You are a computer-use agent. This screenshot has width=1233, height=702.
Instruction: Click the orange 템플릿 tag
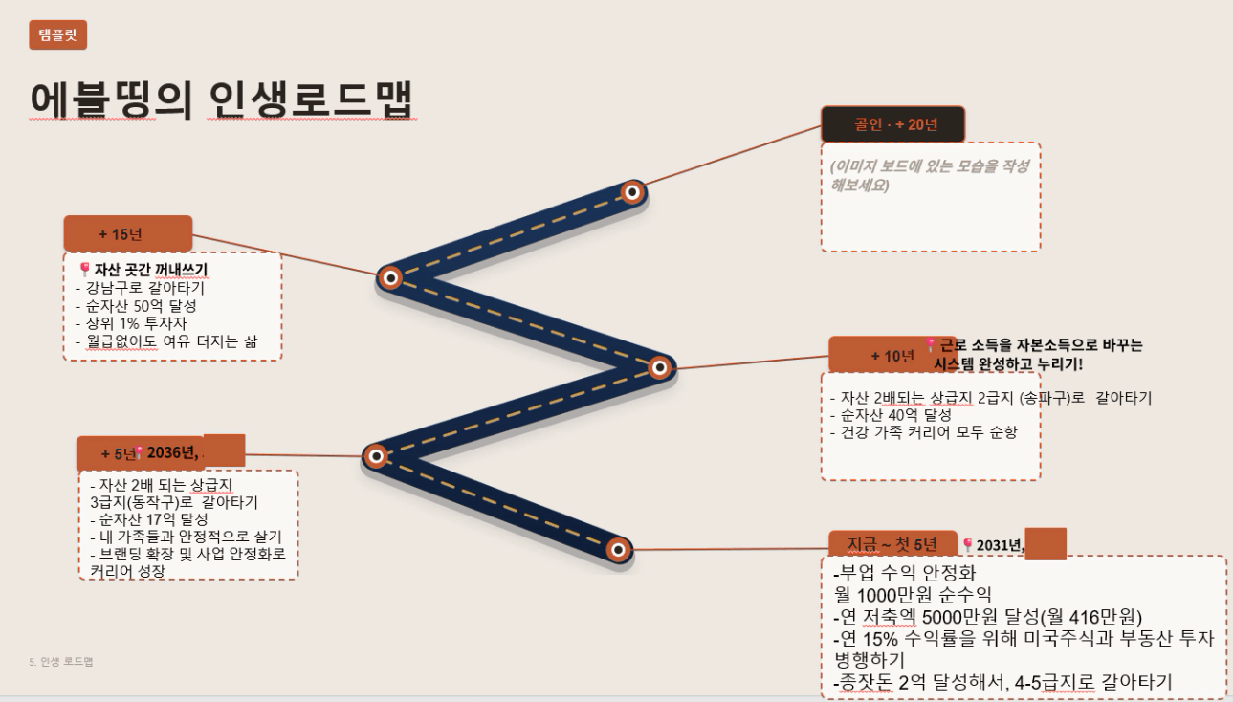[x=57, y=34]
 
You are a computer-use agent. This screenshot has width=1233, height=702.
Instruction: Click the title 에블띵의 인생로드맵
[x=222, y=99]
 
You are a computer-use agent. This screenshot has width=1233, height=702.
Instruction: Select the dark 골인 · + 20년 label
[x=892, y=124]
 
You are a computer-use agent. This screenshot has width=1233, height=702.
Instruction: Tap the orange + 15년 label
[x=128, y=233]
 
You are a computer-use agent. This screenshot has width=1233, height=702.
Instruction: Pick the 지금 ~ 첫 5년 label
[x=892, y=544]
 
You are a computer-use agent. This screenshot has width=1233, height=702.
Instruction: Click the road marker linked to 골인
[x=632, y=192]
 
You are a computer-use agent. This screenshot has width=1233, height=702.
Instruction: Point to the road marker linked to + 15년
[x=390, y=277]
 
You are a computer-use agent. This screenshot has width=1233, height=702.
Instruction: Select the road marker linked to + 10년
[x=659, y=367]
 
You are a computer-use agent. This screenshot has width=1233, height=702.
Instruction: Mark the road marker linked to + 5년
[x=376, y=456]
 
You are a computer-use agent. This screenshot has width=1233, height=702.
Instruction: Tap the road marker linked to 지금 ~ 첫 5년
[x=618, y=550]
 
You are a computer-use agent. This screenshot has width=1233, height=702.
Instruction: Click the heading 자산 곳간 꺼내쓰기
[x=151, y=270]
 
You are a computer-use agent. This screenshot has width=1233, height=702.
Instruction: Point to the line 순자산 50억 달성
[x=141, y=306]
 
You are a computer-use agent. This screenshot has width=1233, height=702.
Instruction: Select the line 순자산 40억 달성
[x=895, y=415]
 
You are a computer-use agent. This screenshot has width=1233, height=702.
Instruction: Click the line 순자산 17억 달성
[x=153, y=519]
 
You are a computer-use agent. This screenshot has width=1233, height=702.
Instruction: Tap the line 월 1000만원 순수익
[x=913, y=595]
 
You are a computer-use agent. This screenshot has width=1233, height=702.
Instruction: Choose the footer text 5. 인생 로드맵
[x=61, y=661]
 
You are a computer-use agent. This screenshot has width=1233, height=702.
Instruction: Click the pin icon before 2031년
[x=967, y=544]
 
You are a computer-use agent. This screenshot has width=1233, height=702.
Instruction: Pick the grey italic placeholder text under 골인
[x=929, y=176]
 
